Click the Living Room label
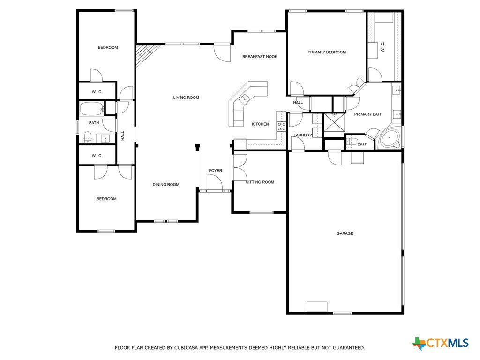(186, 97)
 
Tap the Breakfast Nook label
(260, 57)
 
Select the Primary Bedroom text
(327, 52)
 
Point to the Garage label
(345, 233)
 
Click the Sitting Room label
(260, 182)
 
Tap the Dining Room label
(166, 185)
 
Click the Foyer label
(216, 171)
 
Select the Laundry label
(303, 135)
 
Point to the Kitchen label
(260, 124)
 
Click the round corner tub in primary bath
(390, 138)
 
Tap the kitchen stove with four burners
(282, 127)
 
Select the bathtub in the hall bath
(92, 109)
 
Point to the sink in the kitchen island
(244, 98)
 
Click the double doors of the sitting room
(240, 167)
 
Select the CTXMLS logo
(440, 343)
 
